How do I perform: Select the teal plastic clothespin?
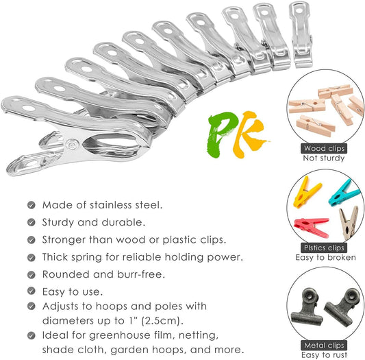[344, 193]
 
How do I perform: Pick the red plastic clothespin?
[312, 227]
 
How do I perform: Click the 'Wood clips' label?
[324, 149]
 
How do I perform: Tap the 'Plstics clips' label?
[324, 248]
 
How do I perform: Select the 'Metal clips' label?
[324, 346]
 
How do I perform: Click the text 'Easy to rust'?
[324, 355]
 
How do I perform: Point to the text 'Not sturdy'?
[323, 158]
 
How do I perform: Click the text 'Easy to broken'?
[325, 257]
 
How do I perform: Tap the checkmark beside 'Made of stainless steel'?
[32, 205]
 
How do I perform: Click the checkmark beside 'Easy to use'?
[32, 291]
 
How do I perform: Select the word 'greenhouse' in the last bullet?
[120, 335]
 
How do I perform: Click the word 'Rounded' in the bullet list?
[66, 274]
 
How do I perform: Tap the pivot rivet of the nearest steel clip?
[71, 144]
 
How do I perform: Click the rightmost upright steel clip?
[301, 34]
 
